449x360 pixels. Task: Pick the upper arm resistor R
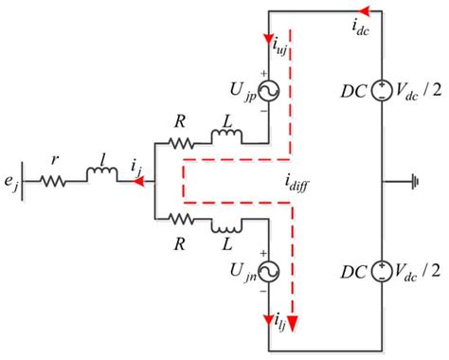[x=180, y=144]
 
